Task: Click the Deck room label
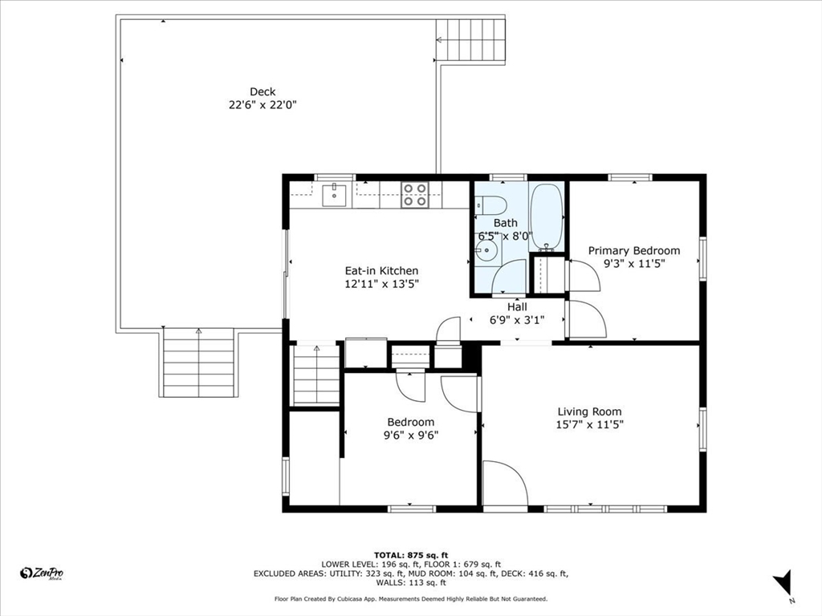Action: pos(262,91)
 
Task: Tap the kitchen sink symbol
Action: pos(333,193)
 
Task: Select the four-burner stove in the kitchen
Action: pos(414,195)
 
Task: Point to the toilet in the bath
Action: pos(490,204)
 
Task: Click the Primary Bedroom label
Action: pos(633,250)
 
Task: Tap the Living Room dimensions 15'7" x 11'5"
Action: pos(590,425)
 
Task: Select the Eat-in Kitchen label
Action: pos(381,271)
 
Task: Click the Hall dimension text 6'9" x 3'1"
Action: pos(517,319)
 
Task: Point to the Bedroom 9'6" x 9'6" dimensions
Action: pos(411,435)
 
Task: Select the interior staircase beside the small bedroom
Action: pos(316,375)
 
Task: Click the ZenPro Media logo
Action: pos(42,573)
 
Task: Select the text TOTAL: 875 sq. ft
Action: pos(411,555)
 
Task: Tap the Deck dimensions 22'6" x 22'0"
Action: pos(262,104)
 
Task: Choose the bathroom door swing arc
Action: pos(509,277)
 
